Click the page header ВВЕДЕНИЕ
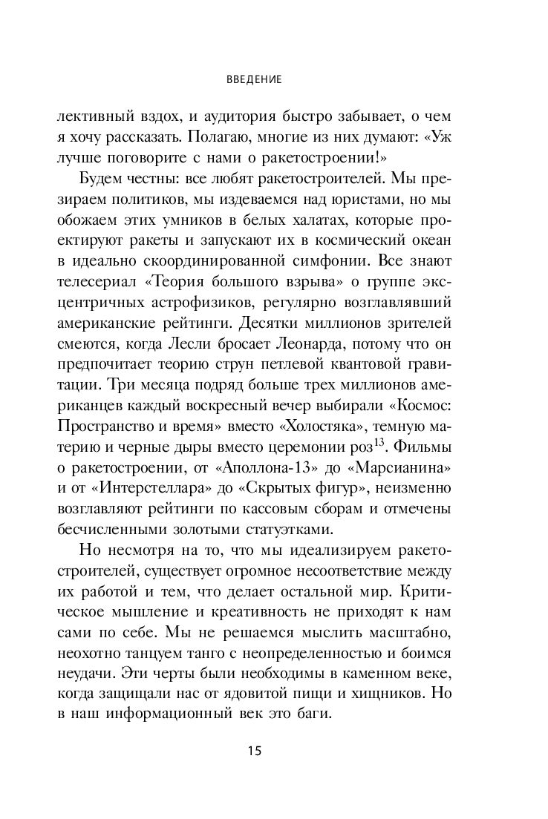(254, 78)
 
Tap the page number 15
(254, 750)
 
